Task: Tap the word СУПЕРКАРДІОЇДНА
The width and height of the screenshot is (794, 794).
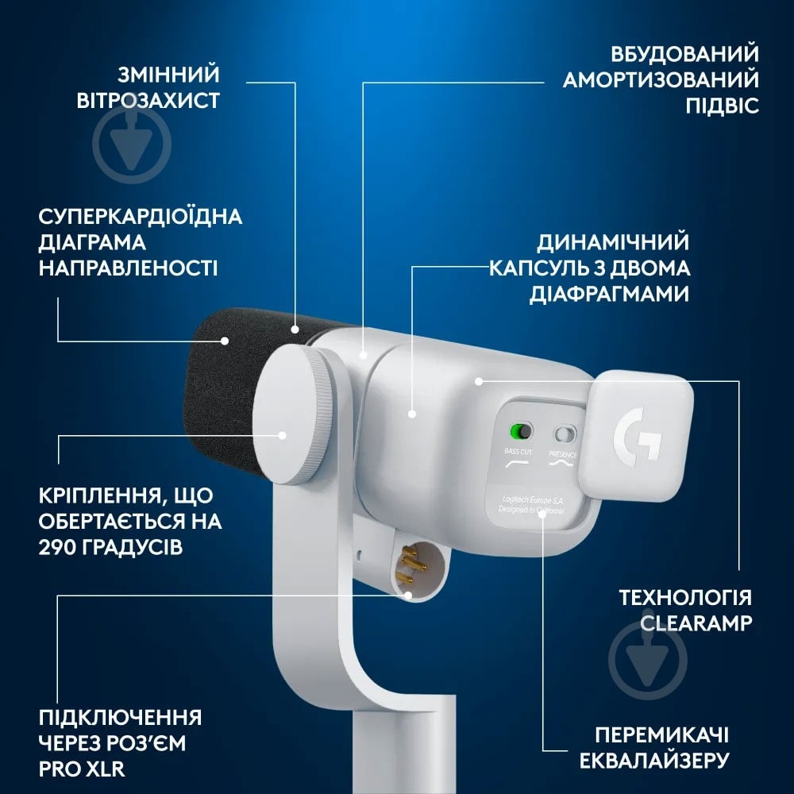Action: click(x=141, y=217)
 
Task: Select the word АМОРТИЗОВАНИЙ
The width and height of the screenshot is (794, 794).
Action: click(x=661, y=79)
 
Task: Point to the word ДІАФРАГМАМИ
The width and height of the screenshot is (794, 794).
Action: click(x=609, y=294)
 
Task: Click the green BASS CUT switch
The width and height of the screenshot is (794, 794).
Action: click(x=519, y=432)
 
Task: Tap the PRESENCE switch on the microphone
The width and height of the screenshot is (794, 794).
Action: click(x=565, y=434)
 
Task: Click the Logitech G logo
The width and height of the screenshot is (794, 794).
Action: click(x=637, y=434)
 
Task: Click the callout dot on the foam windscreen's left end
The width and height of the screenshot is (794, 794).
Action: click(x=225, y=341)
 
